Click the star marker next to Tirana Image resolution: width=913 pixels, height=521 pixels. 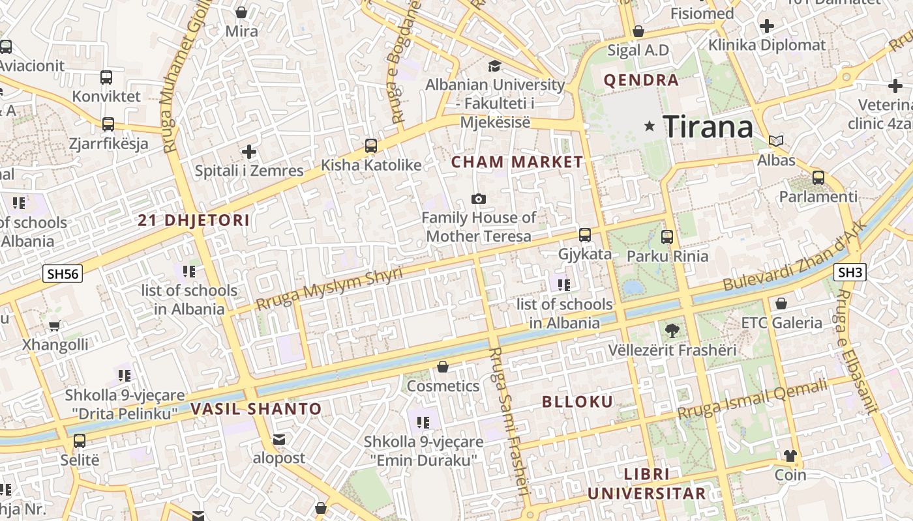pyautogui.click(x=649, y=126)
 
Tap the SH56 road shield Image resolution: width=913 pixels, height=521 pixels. pyautogui.click(x=63, y=274)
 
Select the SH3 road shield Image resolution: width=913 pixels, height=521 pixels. pyautogui.click(x=850, y=272)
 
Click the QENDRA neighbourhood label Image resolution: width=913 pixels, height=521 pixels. pyautogui.click(x=642, y=81)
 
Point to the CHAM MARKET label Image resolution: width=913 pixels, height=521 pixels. pyautogui.click(x=517, y=162)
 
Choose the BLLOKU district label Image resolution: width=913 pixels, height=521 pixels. pyautogui.click(x=578, y=401)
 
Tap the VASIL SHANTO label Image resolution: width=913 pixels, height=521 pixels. pyautogui.click(x=256, y=409)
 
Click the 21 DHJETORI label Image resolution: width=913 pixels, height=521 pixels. pyautogui.click(x=194, y=220)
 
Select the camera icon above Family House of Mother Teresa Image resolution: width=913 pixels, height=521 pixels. pyautogui.click(x=479, y=199)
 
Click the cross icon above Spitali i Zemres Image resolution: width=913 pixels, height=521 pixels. pyautogui.click(x=249, y=152)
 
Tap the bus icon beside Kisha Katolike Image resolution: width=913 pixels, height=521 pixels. pyautogui.click(x=371, y=146)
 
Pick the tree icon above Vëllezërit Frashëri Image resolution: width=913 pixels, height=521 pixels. pyautogui.click(x=672, y=331)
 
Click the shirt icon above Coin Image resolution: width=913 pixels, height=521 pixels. pyautogui.click(x=790, y=456)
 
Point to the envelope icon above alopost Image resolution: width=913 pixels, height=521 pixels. pyautogui.click(x=279, y=440)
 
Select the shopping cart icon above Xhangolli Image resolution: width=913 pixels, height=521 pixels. pyautogui.click(x=55, y=326)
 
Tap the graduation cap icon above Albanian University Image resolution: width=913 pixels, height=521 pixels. pyautogui.click(x=494, y=66)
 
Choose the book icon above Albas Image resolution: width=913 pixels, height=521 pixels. pyautogui.click(x=776, y=141)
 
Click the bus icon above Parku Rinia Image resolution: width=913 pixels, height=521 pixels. pyautogui.click(x=666, y=237)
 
